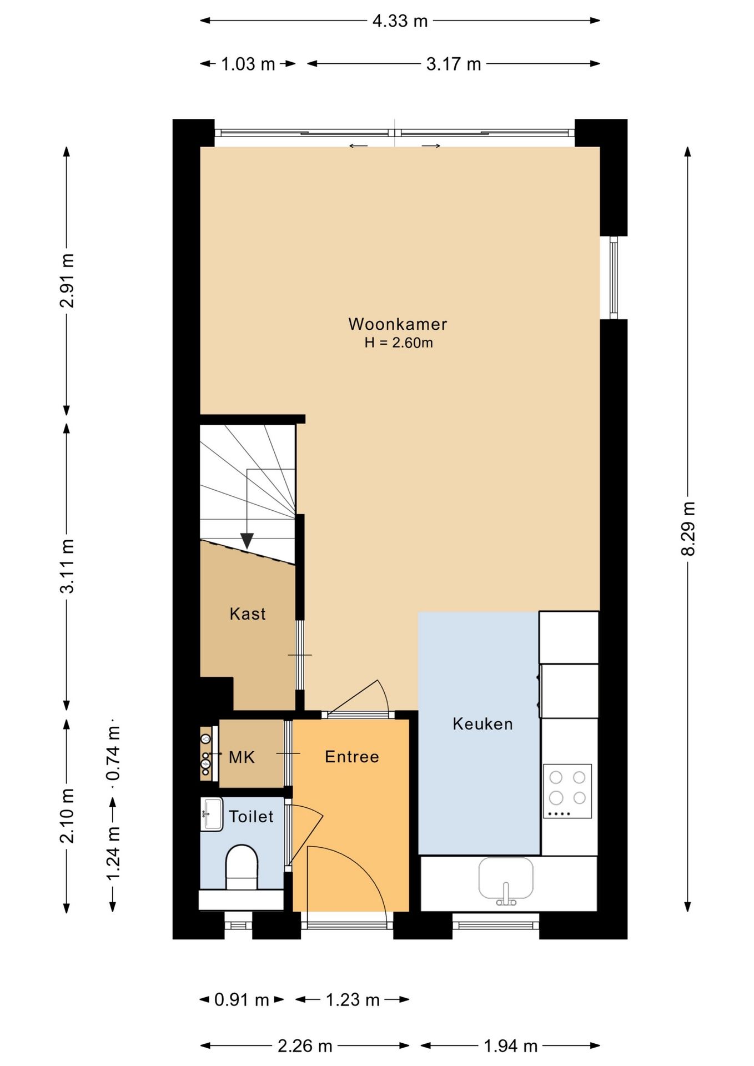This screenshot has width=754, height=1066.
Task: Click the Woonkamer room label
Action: (398, 324)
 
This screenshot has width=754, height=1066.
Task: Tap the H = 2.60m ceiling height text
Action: (399, 343)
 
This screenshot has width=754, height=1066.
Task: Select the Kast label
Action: (248, 614)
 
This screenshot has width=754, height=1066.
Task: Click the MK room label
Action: (242, 757)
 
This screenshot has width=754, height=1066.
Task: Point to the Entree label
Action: (352, 757)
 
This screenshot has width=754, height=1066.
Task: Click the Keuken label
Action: (482, 723)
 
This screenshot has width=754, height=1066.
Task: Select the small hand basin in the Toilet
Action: (212, 814)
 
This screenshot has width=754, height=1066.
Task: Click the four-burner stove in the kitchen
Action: (567, 791)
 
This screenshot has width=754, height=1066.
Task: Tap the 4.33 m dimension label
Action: (400, 21)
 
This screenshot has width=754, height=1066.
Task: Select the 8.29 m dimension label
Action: (688, 528)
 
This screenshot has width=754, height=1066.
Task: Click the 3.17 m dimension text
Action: (454, 64)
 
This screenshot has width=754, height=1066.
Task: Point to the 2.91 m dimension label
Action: (67, 280)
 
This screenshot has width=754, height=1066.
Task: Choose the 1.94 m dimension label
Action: (511, 1047)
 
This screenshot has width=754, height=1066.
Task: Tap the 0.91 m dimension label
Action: (242, 1000)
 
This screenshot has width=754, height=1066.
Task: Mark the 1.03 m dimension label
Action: (248, 64)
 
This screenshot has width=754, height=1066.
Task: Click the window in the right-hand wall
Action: (614, 278)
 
